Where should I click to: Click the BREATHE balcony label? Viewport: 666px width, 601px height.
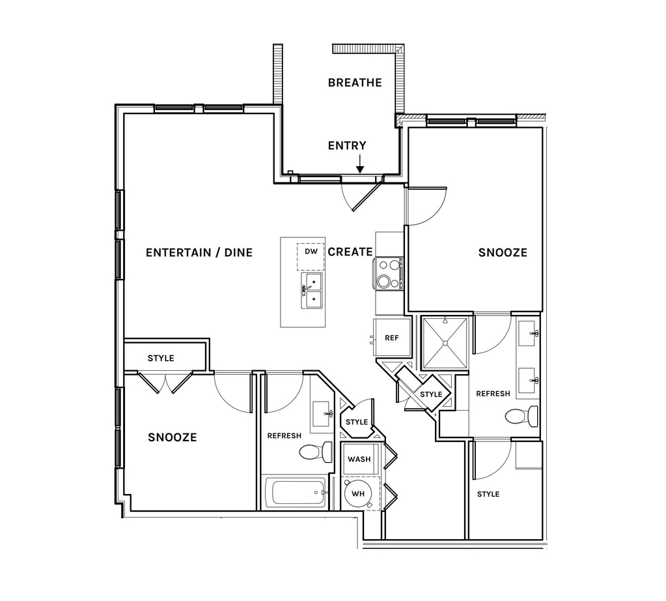click(355, 83)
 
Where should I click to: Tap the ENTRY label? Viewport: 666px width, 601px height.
click(347, 145)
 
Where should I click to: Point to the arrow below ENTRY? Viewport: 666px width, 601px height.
click(360, 164)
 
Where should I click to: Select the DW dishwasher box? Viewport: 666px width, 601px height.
click(311, 256)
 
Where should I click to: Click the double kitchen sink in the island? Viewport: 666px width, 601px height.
click(311, 291)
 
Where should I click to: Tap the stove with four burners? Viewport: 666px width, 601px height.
click(388, 274)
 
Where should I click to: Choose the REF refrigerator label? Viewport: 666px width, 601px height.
click(392, 338)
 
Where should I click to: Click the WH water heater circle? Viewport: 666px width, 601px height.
click(358, 494)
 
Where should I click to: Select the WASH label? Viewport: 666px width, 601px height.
click(359, 460)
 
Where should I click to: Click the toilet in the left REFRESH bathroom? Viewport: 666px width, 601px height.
click(316, 452)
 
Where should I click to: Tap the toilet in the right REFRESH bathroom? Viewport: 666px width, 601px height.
click(521, 416)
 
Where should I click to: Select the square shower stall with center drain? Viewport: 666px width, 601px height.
click(445, 343)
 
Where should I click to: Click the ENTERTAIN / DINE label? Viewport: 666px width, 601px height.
click(199, 253)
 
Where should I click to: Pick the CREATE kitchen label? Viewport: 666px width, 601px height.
click(350, 252)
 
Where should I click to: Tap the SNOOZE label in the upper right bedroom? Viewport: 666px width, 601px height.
click(503, 253)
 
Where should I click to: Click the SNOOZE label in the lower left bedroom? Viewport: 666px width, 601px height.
click(173, 437)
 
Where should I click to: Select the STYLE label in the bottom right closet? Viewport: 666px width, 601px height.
click(488, 494)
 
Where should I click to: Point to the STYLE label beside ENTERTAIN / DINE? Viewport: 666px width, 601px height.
click(161, 359)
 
